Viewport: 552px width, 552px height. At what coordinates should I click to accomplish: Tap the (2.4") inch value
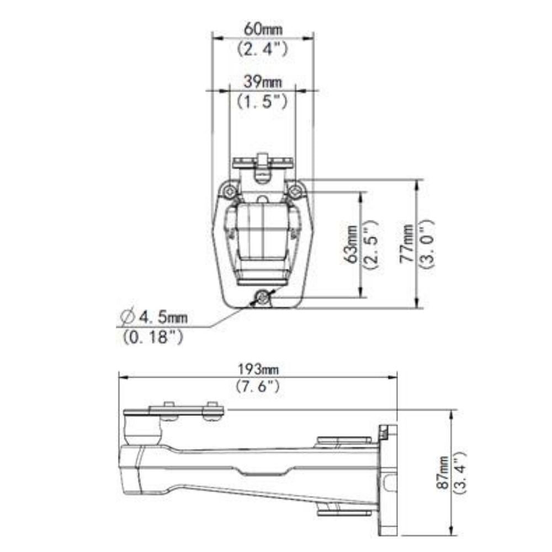(x=262, y=49)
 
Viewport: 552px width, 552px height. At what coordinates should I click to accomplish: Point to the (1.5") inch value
(x=262, y=102)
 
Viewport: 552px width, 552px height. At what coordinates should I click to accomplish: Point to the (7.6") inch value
(x=258, y=387)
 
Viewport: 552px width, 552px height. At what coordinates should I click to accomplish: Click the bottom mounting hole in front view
(x=263, y=299)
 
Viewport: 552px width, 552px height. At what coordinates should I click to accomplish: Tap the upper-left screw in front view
(x=229, y=191)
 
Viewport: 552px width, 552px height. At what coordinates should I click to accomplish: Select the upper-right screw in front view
(x=296, y=191)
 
